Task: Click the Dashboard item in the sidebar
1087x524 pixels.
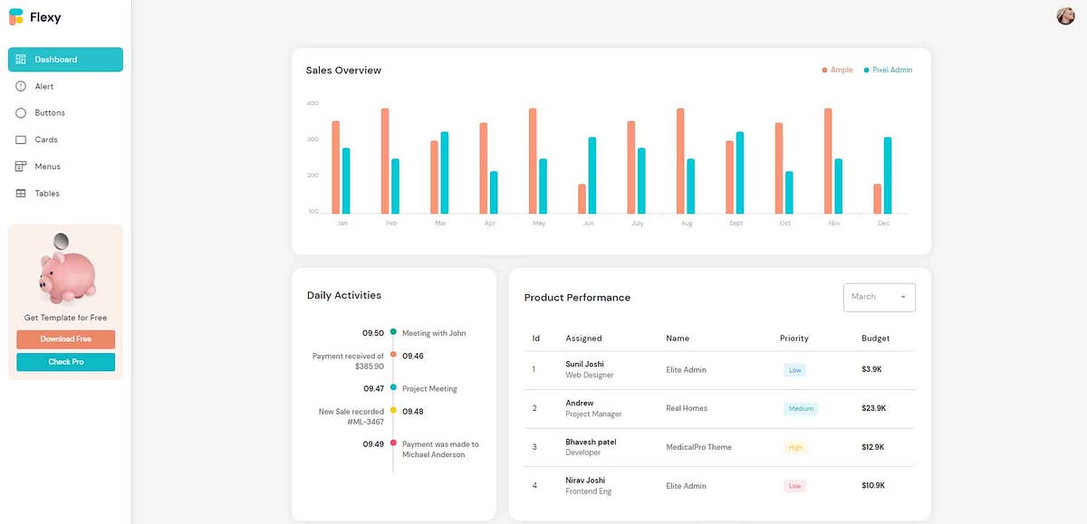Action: (x=65, y=60)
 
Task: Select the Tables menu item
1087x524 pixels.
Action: (x=47, y=194)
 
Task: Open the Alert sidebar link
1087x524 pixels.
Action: (x=44, y=87)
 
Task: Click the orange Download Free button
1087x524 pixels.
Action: (x=65, y=339)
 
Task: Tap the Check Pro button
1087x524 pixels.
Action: (x=65, y=362)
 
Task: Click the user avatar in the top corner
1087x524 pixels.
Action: (x=1065, y=15)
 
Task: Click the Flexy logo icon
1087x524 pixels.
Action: (x=15, y=16)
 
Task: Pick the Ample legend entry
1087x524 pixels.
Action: (x=837, y=70)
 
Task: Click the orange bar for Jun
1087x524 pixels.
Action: (x=582, y=199)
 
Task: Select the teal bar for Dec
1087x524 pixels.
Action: (x=888, y=176)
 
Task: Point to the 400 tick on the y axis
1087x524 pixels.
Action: (x=313, y=103)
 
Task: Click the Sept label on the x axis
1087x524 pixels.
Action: (x=736, y=223)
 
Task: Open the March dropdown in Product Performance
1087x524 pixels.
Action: (x=879, y=297)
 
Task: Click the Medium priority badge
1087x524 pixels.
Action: (x=801, y=408)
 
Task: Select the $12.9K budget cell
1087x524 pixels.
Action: (x=873, y=447)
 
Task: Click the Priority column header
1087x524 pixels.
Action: (x=794, y=338)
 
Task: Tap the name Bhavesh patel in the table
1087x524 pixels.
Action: (x=591, y=442)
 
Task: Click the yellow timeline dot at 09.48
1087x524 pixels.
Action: (x=393, y=411)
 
